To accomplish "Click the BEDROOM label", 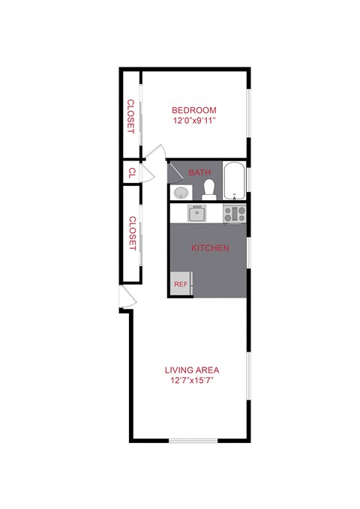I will click(x=194, y=110).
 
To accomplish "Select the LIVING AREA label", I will click(x=191, y=370).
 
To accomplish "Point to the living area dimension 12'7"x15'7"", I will click(x=191, y=380).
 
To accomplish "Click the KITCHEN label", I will click(x=210, y=248).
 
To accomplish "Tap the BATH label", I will click(x=199, y=172).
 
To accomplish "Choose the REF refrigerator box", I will click(x=181, y=285).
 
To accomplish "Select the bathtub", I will click(x=235, y=181).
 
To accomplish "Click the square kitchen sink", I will click(x=196, y=214).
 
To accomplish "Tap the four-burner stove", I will click(x=235, y=214).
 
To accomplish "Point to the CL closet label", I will click(x=131, y=172).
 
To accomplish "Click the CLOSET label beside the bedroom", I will click(x=130, y=115).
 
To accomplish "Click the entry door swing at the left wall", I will click(x=127, y=298).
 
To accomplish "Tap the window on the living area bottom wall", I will click(x=192, y=440).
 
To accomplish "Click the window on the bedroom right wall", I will click(x=247, y=112).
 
